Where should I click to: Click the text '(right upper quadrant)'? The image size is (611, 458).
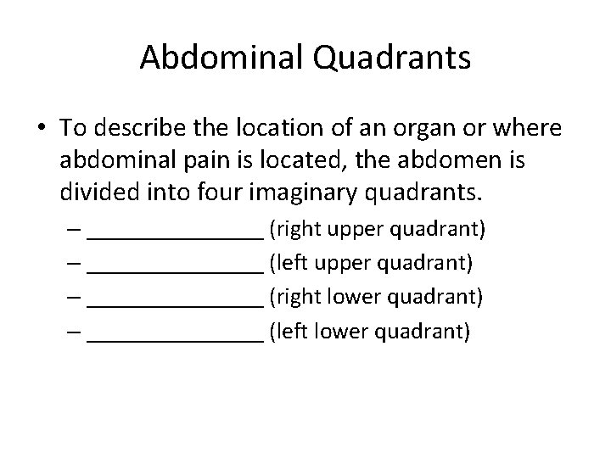[x=377, y=229]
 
